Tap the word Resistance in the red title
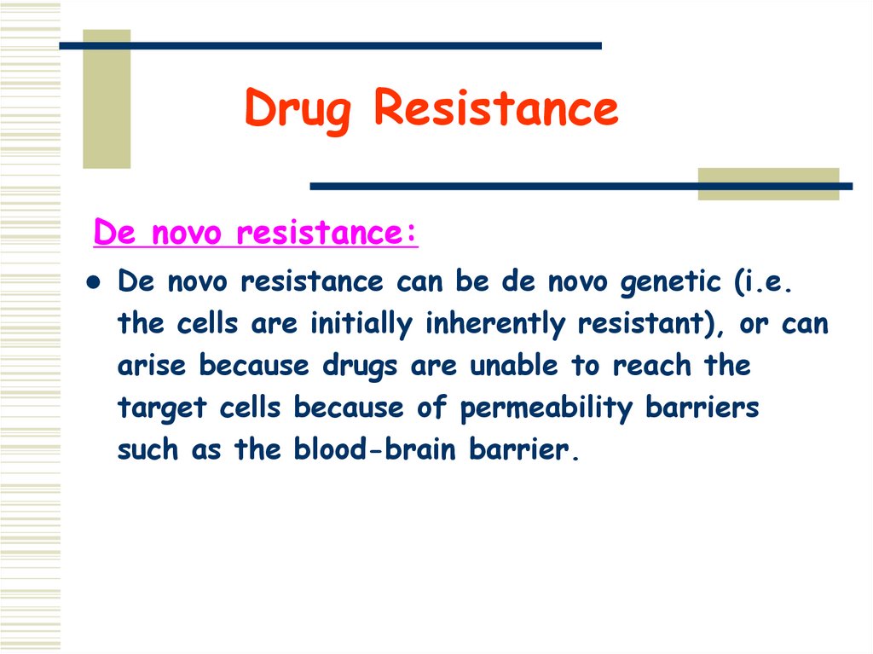coord(495,109)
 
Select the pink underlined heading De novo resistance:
coord(256,233)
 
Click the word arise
coord(153,366)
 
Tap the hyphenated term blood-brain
coord(370,449)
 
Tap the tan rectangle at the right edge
coord(768,184)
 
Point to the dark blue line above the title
coord(341,45)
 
